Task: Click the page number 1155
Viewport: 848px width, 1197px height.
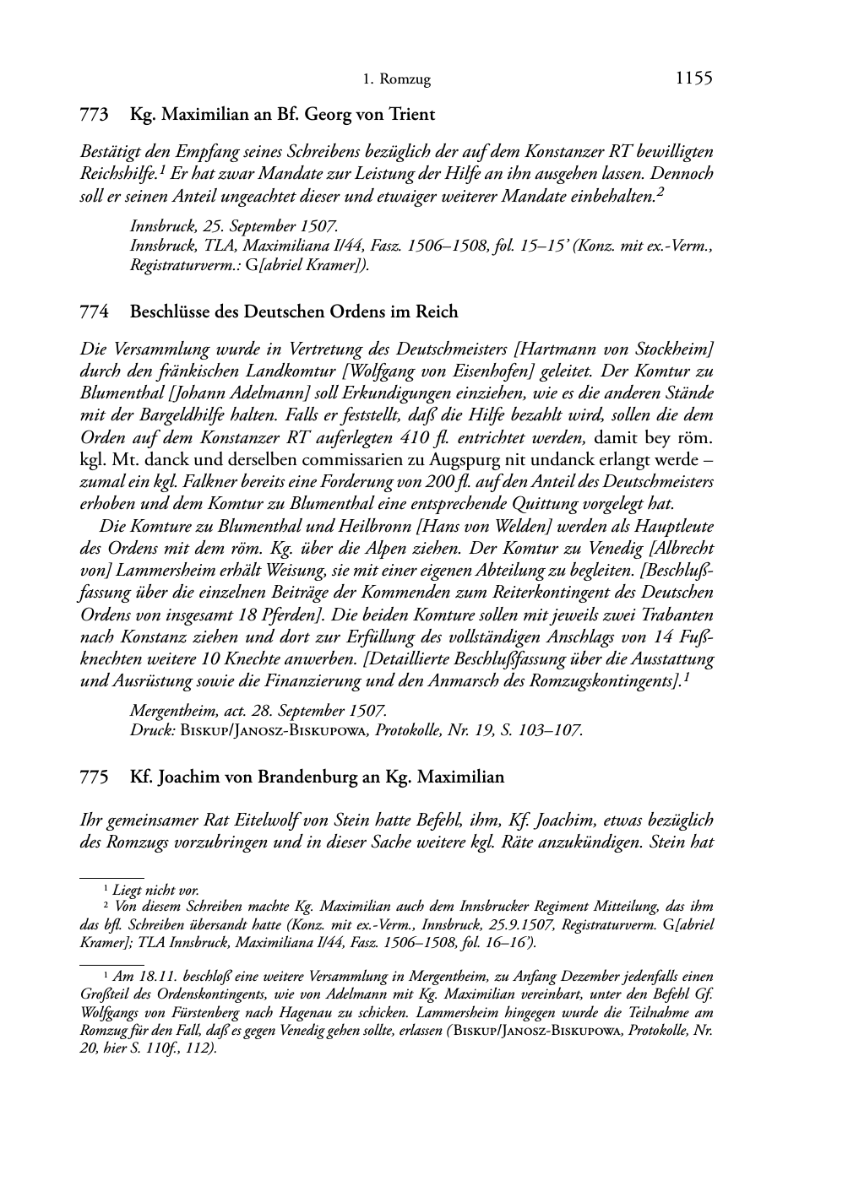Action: click(x=693, y=79)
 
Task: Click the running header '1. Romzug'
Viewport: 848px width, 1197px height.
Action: click(x=396, y=80)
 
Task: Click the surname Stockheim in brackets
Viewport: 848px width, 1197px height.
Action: click(x=671, y=349)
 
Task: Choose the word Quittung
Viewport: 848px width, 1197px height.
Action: click(x=537, y=504)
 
